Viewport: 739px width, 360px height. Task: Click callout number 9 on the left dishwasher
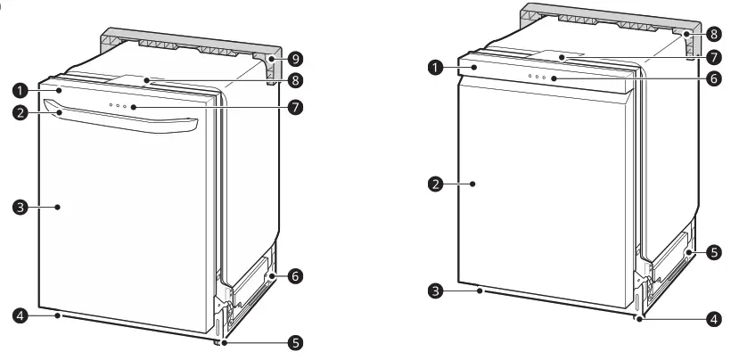coord(295,60)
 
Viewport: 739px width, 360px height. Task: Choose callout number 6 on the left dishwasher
coord(295,277)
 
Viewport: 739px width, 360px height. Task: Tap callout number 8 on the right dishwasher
coord(715,33)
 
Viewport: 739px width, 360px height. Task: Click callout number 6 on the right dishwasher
coord(715,79)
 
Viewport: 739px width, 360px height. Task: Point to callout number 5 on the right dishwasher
coord(715,253)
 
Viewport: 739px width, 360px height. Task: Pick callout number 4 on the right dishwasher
coord(715,316)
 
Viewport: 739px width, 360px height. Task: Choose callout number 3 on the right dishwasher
coord(436,290)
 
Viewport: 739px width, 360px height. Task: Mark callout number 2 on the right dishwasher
coord(436,184)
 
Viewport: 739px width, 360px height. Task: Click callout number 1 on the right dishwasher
coord(436,67)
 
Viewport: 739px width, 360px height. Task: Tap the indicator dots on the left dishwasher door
coord(119,106)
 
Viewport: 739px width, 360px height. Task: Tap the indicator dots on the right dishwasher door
coord(537,78)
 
